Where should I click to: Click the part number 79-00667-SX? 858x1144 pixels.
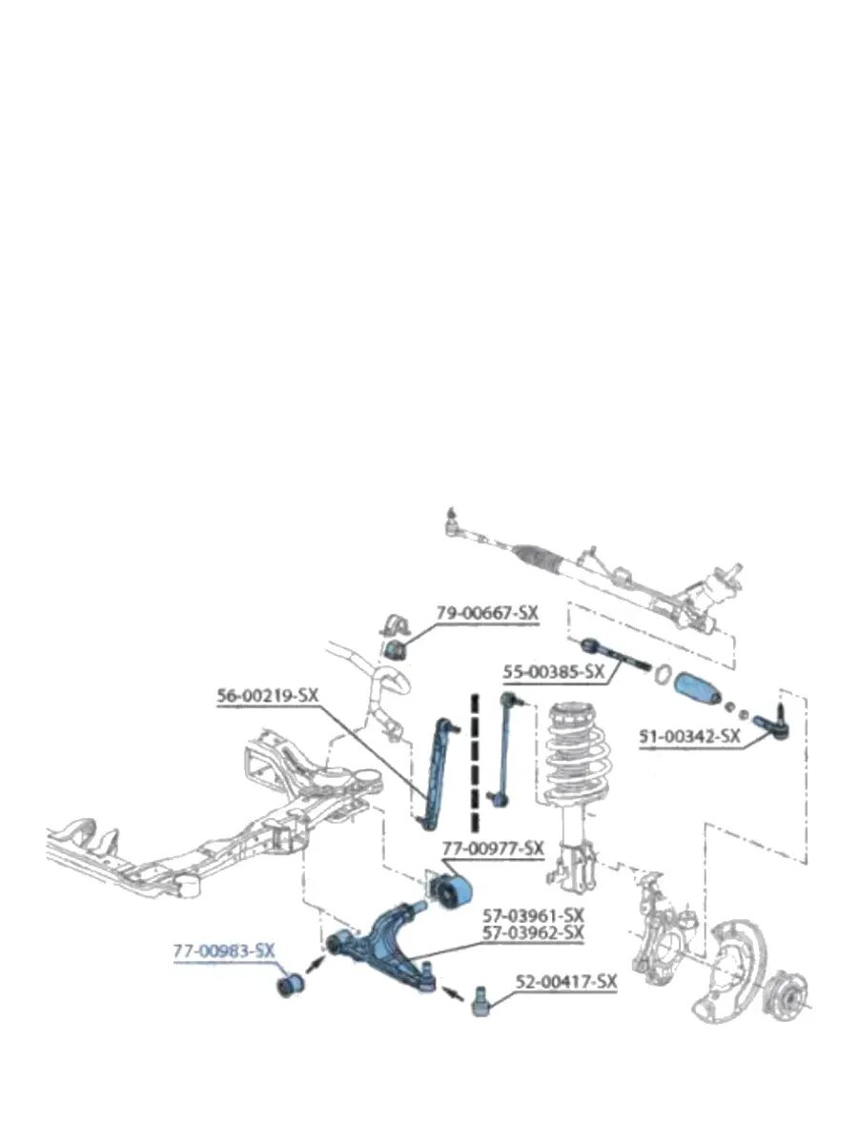pos(487,613)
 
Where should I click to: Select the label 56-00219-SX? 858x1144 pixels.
pos(267,696)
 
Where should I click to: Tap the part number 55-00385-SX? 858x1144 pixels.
pos(553,672)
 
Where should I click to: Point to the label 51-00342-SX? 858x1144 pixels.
pos(689,736)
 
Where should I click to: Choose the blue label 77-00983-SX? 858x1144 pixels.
pos(223,951)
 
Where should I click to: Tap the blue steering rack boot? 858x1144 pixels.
pos(697,688)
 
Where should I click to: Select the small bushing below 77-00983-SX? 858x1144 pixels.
pos(290,985)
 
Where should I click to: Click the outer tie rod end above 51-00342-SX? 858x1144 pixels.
pos(775,722)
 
